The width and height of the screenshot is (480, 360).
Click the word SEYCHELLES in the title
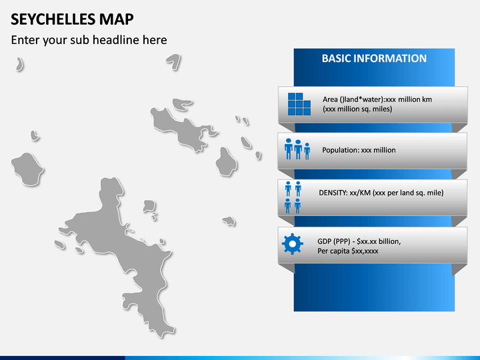(53, 19)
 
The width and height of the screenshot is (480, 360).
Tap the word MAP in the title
(116, 19)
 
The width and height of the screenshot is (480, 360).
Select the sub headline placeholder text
(89, 40)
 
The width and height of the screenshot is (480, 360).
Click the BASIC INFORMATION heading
(374, 59)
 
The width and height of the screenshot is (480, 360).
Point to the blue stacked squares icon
(299, 104)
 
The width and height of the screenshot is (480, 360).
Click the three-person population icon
(297, 149)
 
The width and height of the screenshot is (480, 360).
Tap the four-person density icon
(293, 197)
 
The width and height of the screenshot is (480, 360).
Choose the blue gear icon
(293, 244)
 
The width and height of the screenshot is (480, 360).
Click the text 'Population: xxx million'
(359, 150)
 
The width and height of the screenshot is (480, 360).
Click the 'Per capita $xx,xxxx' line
(348, 251)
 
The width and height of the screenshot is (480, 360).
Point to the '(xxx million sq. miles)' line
(357, 109)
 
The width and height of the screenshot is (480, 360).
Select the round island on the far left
(27, 169)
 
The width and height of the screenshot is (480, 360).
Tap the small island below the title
(19, 64)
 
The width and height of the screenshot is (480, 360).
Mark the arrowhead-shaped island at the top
(175, 61)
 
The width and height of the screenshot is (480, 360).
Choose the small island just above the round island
(35, 135)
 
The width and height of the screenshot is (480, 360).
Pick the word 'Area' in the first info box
(330, 99)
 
